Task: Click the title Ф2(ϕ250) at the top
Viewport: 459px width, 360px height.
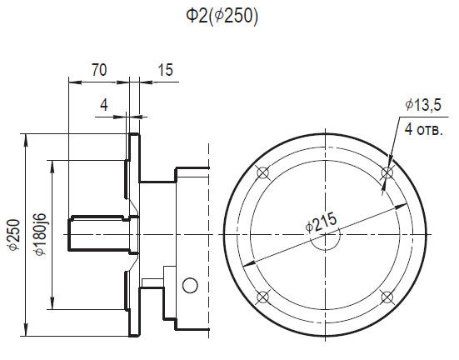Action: [222, 16]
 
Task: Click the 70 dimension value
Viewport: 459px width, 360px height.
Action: [99, 70]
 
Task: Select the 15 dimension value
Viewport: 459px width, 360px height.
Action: [166, 70]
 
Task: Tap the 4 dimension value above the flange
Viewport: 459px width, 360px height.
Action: [104, 104]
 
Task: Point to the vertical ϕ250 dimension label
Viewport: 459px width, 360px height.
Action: [14, 234]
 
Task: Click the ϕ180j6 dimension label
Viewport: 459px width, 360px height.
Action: [41, 234]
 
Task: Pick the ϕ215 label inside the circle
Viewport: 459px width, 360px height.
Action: [321, 222]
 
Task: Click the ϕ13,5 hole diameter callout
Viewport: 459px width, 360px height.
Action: [423, 105]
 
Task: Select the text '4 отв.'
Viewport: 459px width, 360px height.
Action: [423, 129]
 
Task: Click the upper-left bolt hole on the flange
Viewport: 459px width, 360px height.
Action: [262, 172]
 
